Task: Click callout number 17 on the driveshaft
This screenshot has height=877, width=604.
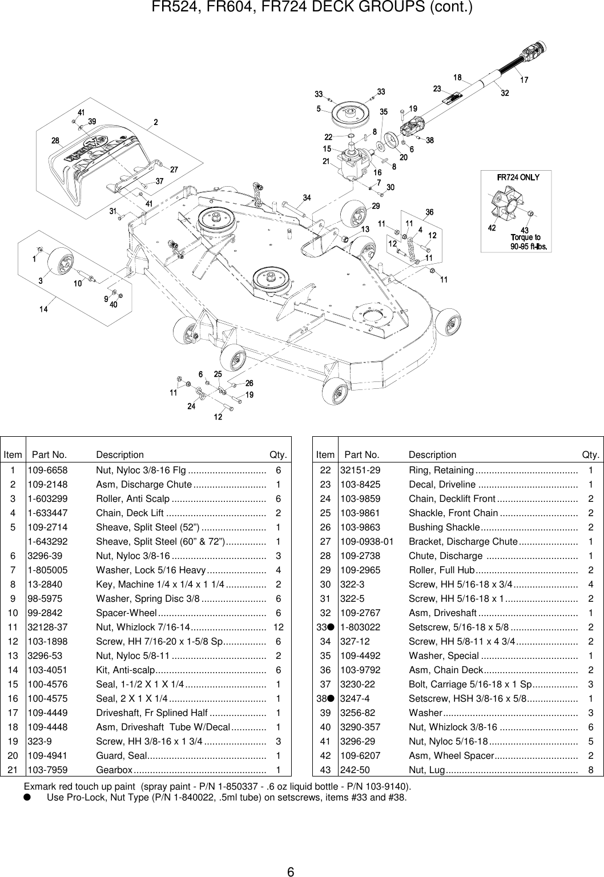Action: (x=524, y=80)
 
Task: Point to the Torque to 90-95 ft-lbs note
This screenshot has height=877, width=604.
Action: (x=529, y=242)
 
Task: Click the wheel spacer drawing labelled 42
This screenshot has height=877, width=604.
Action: (x=501, y=206)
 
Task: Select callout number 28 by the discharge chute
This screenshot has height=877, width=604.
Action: (x=55, y=140)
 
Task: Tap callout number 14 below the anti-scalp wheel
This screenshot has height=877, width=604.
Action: (x=43, y=309)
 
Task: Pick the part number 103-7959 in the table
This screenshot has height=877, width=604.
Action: (x=47, y=770)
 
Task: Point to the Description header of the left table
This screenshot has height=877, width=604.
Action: (x=120, y=454)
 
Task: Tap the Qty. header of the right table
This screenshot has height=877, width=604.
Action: (x=590, y=454)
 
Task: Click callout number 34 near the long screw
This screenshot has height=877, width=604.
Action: (x=307, y=198)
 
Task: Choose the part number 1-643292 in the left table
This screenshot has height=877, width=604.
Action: (x=47, y=541)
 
